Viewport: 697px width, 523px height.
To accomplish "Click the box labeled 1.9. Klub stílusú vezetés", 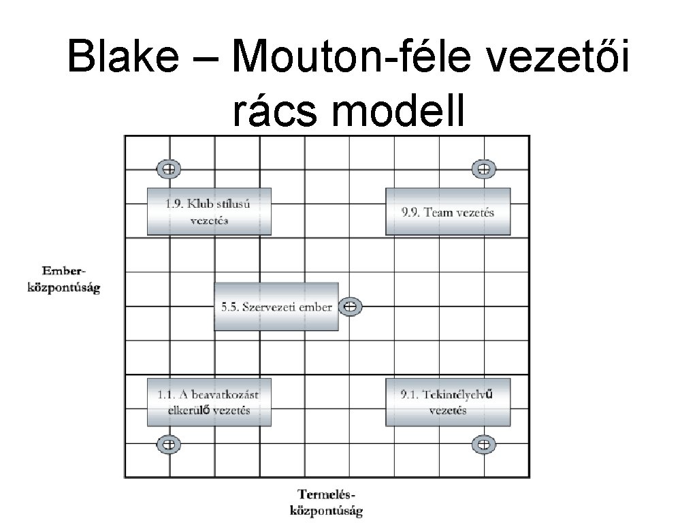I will (209, 211).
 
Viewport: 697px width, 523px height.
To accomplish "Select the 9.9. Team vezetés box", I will (447, 211).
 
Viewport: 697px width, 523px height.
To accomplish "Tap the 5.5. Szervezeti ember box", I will (276, 306).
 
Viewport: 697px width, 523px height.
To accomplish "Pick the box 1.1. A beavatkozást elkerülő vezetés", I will (209, 402).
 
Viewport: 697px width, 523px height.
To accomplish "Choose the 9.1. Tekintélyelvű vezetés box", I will (447, 402).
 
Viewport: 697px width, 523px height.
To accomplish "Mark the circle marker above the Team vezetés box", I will (483, 169).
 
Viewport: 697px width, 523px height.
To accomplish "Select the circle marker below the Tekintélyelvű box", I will (483, 445).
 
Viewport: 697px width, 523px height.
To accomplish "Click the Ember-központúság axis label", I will (63, 281).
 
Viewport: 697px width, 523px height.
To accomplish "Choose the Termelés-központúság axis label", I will (327, 501).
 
